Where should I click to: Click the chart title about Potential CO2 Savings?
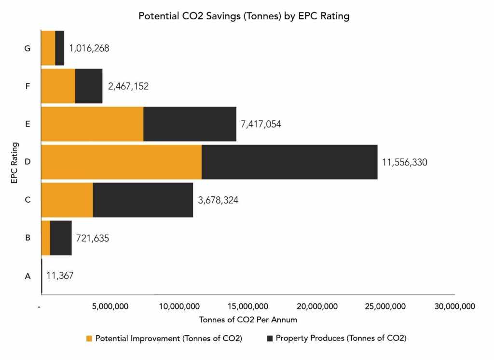tap(244, 16)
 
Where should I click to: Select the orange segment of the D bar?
tap(122, 162)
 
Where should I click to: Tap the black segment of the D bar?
tap(289, 162)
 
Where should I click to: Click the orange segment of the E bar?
tap(93, 124)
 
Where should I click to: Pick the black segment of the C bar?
tap(143, 200)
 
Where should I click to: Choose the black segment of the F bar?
tap(89, 86)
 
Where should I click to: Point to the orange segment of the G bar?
tap(48, 48)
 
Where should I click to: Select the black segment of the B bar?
tap(61, 238)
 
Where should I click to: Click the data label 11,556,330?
tap(404, 163)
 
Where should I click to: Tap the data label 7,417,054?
tap(261, 125)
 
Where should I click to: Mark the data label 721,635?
tap(93, 238)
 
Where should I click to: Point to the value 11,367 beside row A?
tap(60, 276)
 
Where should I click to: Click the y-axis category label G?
tap(27, 48)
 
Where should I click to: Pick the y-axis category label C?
tap(27, 200)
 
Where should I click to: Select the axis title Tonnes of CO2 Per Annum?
tap(248, 320)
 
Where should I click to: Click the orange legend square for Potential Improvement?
tap(89, 338)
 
